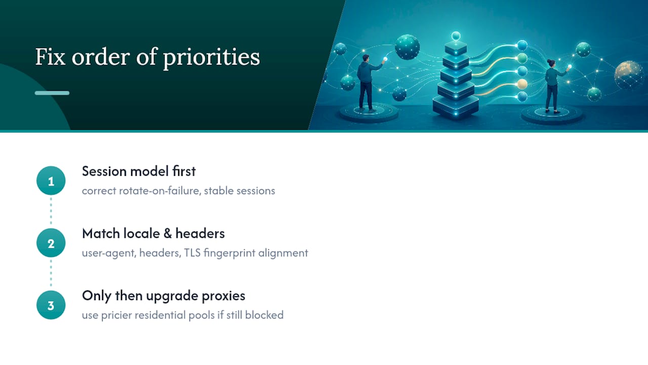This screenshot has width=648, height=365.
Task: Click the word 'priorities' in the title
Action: pos(212,58)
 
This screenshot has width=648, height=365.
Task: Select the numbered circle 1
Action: pos(51,180)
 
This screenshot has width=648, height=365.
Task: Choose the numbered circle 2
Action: pos(51,243)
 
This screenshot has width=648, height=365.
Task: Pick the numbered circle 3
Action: pos(51,305)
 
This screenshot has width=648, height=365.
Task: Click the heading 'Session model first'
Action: pos(139,171)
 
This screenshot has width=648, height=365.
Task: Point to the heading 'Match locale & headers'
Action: pos(153,234)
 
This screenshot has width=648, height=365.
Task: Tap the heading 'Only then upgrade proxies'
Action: pos(164,296)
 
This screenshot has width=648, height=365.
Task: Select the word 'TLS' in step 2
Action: pos(192,253)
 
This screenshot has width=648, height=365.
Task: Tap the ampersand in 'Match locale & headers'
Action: pos(167,234)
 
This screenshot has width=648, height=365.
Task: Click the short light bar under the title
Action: pos(52,93)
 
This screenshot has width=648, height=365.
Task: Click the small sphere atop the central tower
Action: pos(456,36)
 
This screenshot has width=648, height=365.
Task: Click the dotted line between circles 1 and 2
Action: pos(51,211)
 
